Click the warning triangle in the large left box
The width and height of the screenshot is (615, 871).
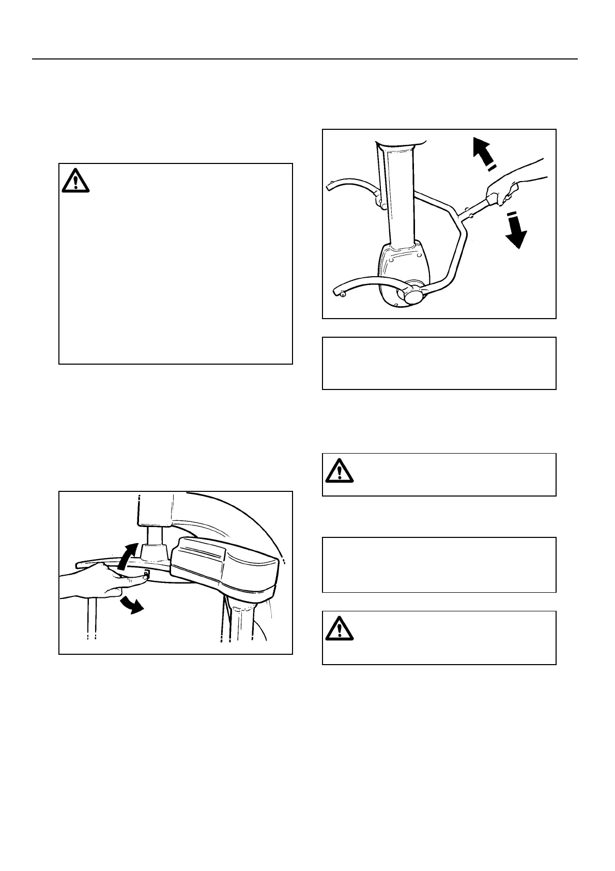[75, 181]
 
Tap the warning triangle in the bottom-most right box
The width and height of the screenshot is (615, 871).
[340, 628]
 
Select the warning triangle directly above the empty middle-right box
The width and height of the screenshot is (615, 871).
[340, 470]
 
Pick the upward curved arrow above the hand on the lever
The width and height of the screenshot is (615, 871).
[128, 556]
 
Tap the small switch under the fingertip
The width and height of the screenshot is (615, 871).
[146, 574]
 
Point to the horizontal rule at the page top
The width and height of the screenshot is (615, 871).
[305, 59]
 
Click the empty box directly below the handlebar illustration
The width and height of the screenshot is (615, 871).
[439, 363]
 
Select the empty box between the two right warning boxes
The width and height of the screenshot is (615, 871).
[439, 564]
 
